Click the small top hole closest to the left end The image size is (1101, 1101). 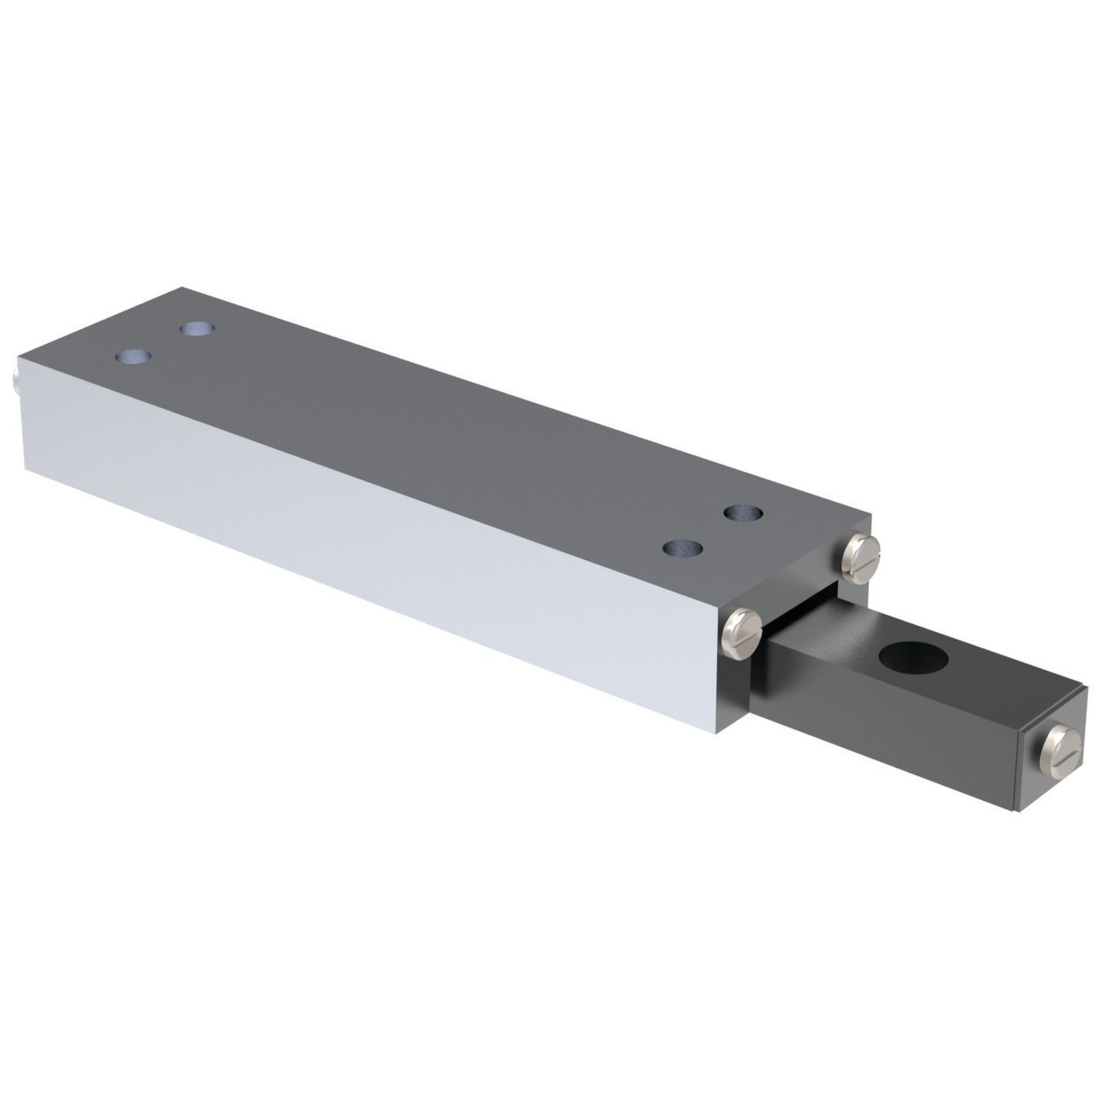coord(133,357)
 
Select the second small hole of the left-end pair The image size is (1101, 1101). coord(195,328)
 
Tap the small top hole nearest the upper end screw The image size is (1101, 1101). coord(741,512)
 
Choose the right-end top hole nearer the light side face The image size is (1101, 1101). coord(681,548)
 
